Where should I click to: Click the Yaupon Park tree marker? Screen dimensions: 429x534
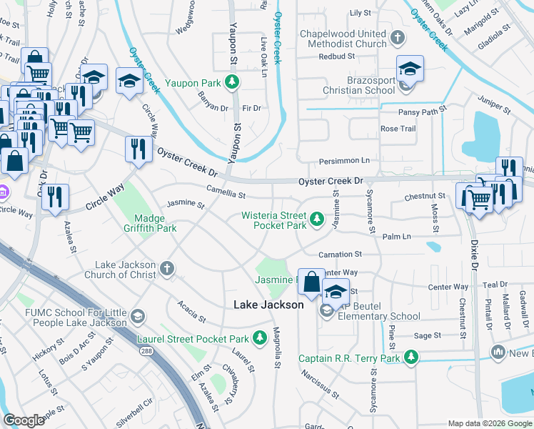(232, 82)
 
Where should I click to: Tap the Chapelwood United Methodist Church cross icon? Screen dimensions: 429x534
(398, 36)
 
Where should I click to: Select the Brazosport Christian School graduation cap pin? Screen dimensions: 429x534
(410, 69)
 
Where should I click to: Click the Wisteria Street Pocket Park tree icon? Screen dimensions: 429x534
(317, 217)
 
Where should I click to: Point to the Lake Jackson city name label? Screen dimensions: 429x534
(269, 305)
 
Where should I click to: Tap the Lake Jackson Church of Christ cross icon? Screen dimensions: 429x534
(166, 268)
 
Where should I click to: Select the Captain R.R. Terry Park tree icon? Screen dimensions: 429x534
(410, 356)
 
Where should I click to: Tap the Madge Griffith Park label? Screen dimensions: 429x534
(156, 223)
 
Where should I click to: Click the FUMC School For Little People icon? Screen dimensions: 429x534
(138, 316)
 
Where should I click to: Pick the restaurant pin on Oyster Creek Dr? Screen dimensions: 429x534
(138, 150)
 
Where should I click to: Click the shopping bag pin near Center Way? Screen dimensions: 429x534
(313, 282)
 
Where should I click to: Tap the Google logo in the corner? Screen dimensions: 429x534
(24, 420)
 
